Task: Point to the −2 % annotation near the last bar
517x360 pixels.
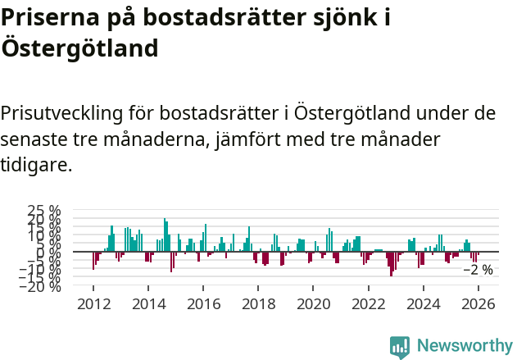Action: pyautogui.click(x=478, y=270)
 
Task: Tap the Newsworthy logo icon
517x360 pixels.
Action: pyautogui.click(x=400, y=347)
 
